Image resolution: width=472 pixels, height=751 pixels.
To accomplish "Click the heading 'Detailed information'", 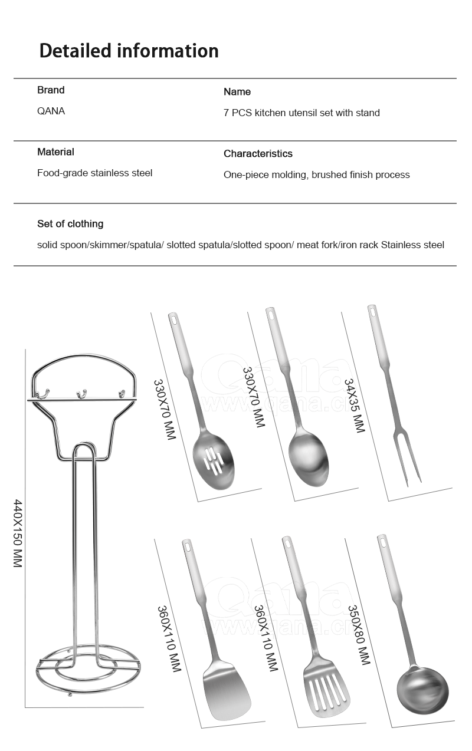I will coord(129,51).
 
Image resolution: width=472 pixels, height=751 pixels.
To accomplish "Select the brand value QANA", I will coord(51,111).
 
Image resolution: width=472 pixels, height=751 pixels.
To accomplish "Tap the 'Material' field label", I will coord(55,152).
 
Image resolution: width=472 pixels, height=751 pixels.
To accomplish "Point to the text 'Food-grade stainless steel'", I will coord(94,173).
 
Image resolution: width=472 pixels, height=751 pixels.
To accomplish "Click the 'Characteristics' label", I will coord(258,154).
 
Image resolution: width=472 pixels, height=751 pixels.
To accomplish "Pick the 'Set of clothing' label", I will coord(70,224).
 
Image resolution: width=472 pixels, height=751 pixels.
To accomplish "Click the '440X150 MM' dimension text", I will coord(17,533).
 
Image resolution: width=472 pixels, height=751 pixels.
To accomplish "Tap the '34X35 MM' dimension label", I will coord(354,406).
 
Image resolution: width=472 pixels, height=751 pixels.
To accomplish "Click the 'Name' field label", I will coord(237,92).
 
